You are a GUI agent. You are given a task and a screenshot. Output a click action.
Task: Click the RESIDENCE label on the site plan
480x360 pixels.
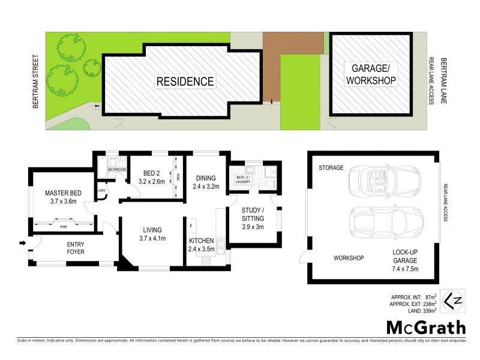point(185,81)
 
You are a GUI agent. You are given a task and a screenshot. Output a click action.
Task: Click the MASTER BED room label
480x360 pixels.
point(64,193)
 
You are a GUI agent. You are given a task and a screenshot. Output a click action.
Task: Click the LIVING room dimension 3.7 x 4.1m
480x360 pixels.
point(152,239)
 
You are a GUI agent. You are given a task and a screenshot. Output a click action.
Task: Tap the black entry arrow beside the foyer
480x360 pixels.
point(23,243)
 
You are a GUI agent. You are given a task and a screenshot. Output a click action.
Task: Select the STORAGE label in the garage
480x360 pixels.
point(331,168)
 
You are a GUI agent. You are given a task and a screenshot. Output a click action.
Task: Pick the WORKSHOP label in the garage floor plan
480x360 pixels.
point(349,258)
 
